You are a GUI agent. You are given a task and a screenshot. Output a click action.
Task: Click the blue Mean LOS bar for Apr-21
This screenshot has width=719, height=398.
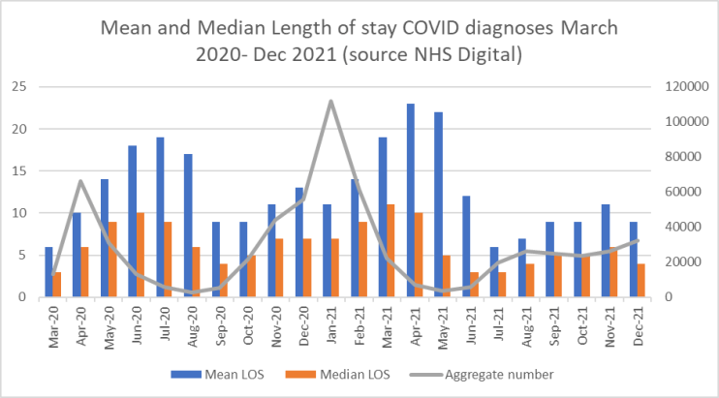pyautogui.click(x=411, y=200)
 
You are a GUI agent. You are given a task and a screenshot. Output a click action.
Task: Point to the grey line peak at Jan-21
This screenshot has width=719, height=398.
pyautogui.click(x=331, y=101)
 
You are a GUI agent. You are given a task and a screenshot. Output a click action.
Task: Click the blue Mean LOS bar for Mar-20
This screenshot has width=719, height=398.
pyautogui.click(x=48, y=271)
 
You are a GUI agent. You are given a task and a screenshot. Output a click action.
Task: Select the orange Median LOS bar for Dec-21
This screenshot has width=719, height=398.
pyautogui.click(x=641, y=280)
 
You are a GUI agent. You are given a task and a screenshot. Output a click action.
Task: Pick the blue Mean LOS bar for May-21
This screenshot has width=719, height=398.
pyautogui.click(x=438, y=204)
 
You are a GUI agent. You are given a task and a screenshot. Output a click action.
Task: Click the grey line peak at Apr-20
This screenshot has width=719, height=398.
pyautogui.click(x=81, y=181)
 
